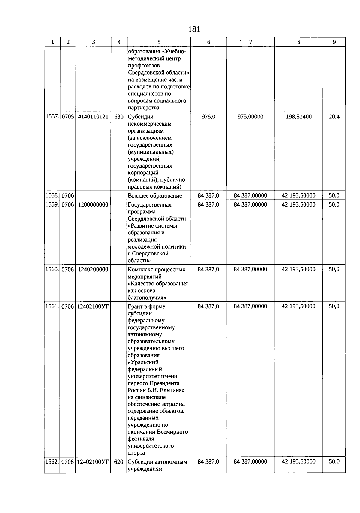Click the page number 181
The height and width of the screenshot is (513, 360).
point(194,29)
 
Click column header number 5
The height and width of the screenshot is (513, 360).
point(159,42)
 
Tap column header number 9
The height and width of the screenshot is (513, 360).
point(334,42)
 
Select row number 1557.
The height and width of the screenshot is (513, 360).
point(52,117)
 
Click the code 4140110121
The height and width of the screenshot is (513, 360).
point(93,117)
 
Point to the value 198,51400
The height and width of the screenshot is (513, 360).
point(298,117)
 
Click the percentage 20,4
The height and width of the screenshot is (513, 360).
point(334,117)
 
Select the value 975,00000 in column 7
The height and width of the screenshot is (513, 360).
point(250,117)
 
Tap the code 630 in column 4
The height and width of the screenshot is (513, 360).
point(119,117)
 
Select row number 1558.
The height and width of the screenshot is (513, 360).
point(52,196)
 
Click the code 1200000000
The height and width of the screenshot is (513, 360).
point(93,205)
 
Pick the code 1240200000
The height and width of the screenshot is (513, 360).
point(93,270)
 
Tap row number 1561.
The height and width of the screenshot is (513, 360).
point(52,306)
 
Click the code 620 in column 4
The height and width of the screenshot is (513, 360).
point(119,462)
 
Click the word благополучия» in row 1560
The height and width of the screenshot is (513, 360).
point(147,298)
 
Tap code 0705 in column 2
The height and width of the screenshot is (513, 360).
point(68,117)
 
